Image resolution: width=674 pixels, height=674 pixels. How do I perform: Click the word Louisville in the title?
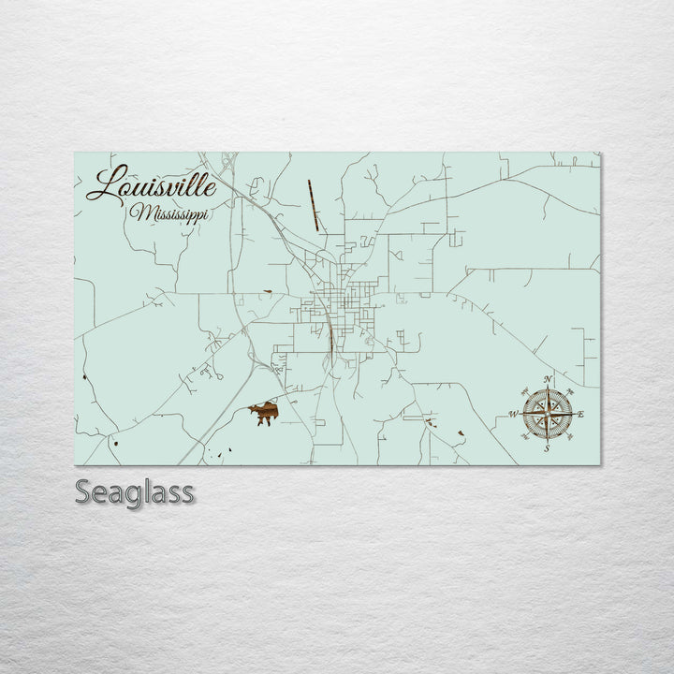point(152,184)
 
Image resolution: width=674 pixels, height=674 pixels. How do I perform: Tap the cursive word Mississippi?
point(171,213)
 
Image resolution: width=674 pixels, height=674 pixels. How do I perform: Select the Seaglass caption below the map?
point(135,492)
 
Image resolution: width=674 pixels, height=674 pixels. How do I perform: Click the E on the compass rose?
point(581,414)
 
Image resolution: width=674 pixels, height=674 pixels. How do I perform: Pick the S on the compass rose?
point(548,448)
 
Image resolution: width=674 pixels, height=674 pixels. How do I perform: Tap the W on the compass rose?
point(513,413)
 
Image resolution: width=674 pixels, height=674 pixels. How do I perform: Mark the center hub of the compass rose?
point(549,413)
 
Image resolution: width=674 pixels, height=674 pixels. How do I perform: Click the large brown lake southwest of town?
point(266,411)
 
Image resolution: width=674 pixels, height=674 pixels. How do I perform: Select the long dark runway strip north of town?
point(313,205)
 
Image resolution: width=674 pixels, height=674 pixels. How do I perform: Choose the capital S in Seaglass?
point(84,492)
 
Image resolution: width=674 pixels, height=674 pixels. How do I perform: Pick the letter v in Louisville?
point(174,187)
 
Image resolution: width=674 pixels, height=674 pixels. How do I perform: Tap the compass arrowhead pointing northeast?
point(568,392)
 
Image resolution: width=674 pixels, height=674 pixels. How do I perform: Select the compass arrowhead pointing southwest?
point(529,433)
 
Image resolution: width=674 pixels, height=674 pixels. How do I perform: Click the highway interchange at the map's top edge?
point(227,160)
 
